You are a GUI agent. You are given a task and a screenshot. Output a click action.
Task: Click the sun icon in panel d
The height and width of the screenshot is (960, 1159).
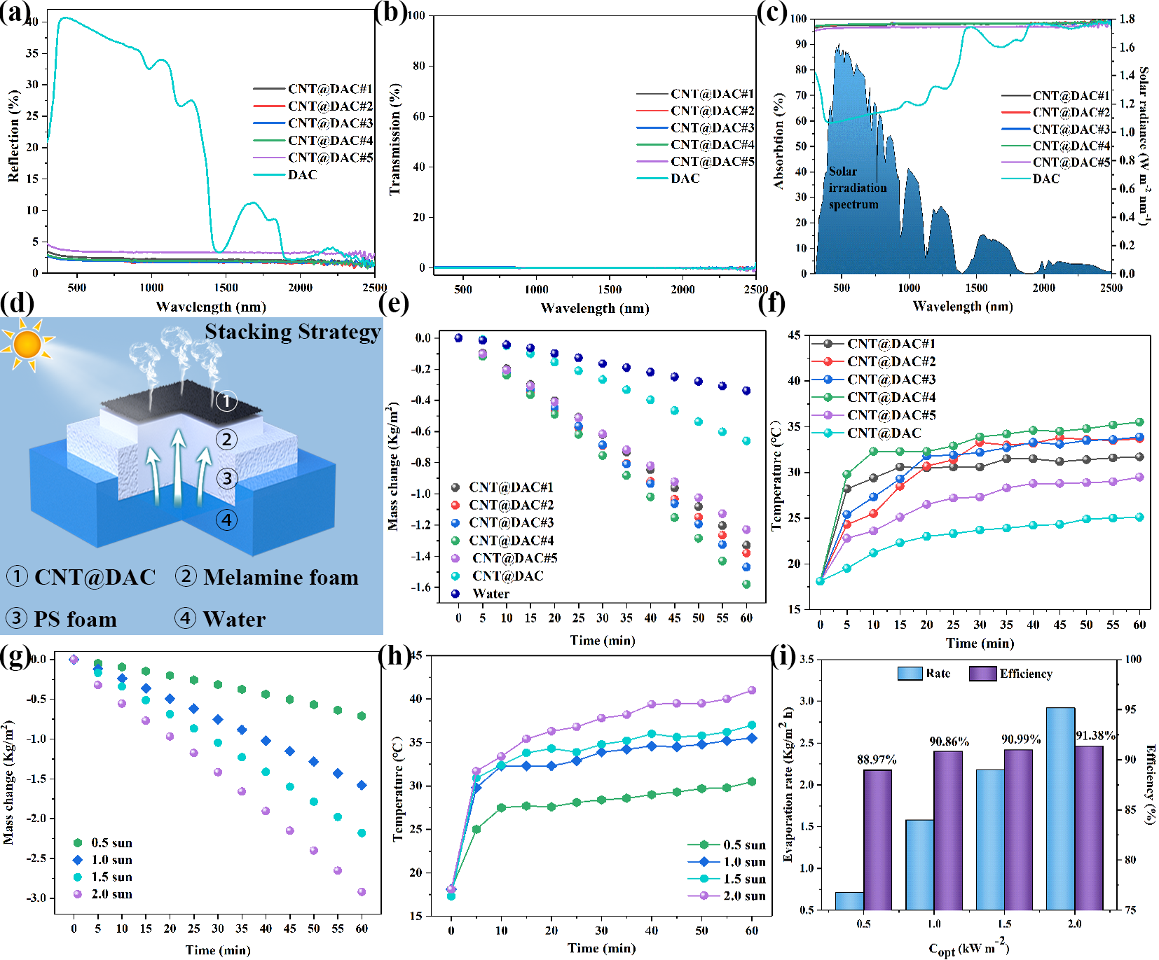coord(27,344)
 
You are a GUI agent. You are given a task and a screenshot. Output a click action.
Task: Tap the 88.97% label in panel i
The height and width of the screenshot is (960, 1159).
coord(877,760)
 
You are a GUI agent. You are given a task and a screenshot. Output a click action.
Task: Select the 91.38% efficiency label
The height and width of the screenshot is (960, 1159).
coord(1095,736)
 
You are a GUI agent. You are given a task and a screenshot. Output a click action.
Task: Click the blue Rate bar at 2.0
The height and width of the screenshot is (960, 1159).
coord(1060,808)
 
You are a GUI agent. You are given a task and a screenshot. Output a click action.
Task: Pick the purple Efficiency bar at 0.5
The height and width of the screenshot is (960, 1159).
coord(877,840)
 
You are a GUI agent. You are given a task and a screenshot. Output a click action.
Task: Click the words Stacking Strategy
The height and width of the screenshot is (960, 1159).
coord(292,332)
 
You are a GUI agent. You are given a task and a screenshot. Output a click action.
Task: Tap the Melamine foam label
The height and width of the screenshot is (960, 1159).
coord(280,578)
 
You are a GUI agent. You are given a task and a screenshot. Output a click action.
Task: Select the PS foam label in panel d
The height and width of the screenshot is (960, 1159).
coord(75,620)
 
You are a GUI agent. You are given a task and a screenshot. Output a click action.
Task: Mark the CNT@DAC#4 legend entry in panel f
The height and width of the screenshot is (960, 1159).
coord(891,398)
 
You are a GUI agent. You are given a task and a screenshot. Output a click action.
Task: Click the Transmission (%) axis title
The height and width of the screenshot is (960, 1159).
coord(395,139)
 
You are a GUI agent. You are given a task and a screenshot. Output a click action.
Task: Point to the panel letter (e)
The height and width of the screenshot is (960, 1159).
coord(393,303)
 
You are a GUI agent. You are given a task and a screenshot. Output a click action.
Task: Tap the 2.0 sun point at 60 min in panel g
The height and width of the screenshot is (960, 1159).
coord(362,891)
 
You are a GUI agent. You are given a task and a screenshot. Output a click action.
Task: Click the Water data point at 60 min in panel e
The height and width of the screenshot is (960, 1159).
coord(746,391)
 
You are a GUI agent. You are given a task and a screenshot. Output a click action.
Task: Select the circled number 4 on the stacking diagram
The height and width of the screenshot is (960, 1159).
coord(226,520)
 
